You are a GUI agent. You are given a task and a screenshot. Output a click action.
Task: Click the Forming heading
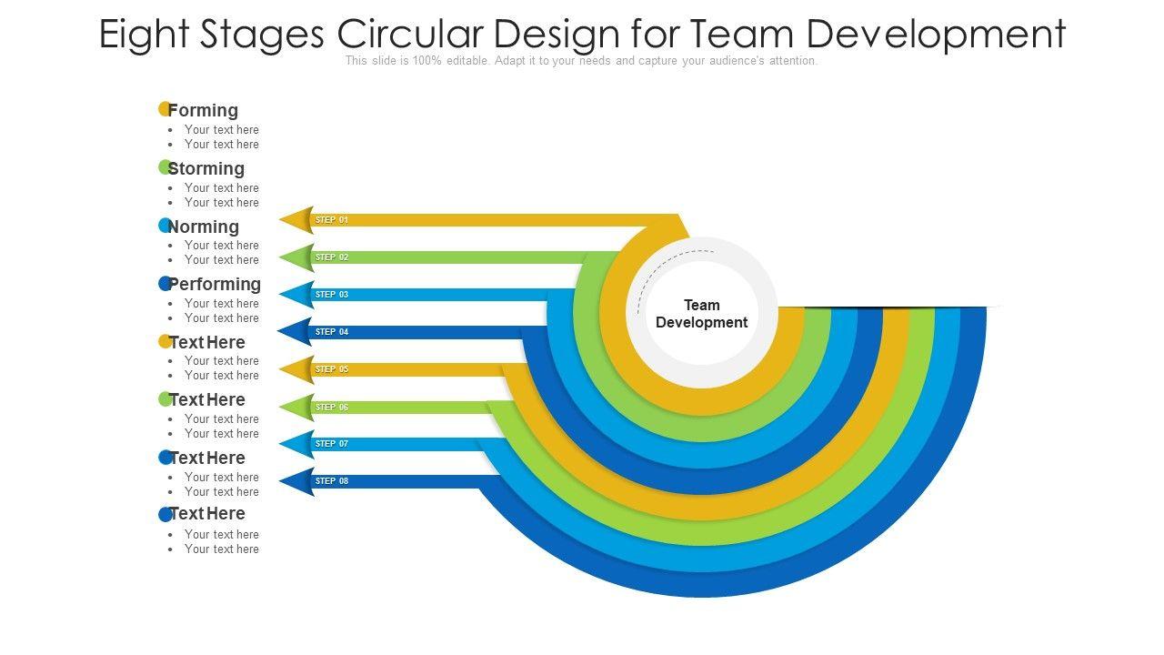(x=203, y=110)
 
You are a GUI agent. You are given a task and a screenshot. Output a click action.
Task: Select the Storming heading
(x=206, y=168)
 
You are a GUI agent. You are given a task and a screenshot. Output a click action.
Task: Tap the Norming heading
(x=204, y=227)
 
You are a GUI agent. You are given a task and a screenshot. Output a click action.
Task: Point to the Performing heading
(x=215, y=284)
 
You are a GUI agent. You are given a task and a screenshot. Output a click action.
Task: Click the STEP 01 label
(x=332, y=220)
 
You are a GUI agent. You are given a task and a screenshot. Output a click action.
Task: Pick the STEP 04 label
(x=332, y=332)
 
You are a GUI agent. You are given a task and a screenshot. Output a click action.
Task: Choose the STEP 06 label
(x=332, y=408)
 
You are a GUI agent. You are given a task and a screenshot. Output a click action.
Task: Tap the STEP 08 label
(x=332, y=481)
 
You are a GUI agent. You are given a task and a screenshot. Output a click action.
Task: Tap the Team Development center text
(x=701, y=314)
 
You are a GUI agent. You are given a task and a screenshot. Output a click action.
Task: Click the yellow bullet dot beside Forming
(x=165, y=109)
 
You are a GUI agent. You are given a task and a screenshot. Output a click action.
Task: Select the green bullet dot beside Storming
(x=165, y=167)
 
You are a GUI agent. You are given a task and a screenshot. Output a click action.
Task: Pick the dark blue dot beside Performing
(x=165, y=284)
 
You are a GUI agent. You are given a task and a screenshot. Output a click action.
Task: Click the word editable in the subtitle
(x=465, y=61)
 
